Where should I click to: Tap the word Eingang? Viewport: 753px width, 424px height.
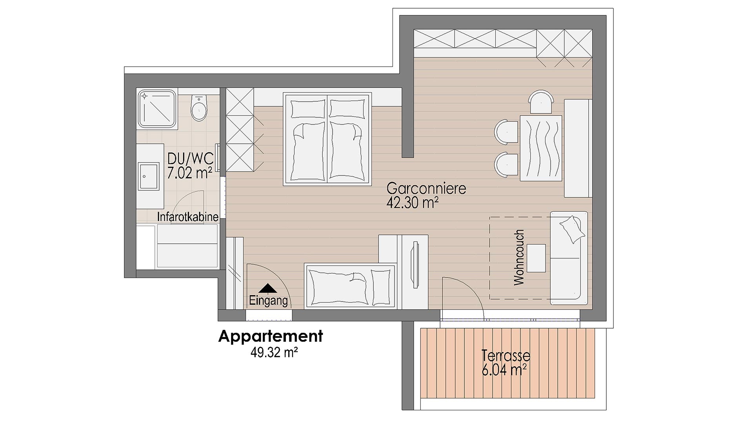[268, 301]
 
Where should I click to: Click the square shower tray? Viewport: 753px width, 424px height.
[156, 109]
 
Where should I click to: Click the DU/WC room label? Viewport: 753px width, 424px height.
[190, 159]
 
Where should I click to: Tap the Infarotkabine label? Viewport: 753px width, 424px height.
[187, 217]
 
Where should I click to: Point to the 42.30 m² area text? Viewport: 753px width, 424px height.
[412, 203]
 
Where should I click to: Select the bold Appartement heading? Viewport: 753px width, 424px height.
[270, 336]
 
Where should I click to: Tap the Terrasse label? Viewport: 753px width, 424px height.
[506, 356]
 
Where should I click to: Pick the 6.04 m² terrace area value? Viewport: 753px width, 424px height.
[504, 369]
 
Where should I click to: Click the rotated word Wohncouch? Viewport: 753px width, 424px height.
[518, 258]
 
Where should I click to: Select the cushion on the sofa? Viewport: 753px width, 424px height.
[572, 229]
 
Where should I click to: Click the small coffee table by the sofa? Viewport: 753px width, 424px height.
[536, 258]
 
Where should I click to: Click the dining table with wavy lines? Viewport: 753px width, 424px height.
[540, 148]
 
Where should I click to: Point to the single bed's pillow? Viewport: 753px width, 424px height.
[378, 287]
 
